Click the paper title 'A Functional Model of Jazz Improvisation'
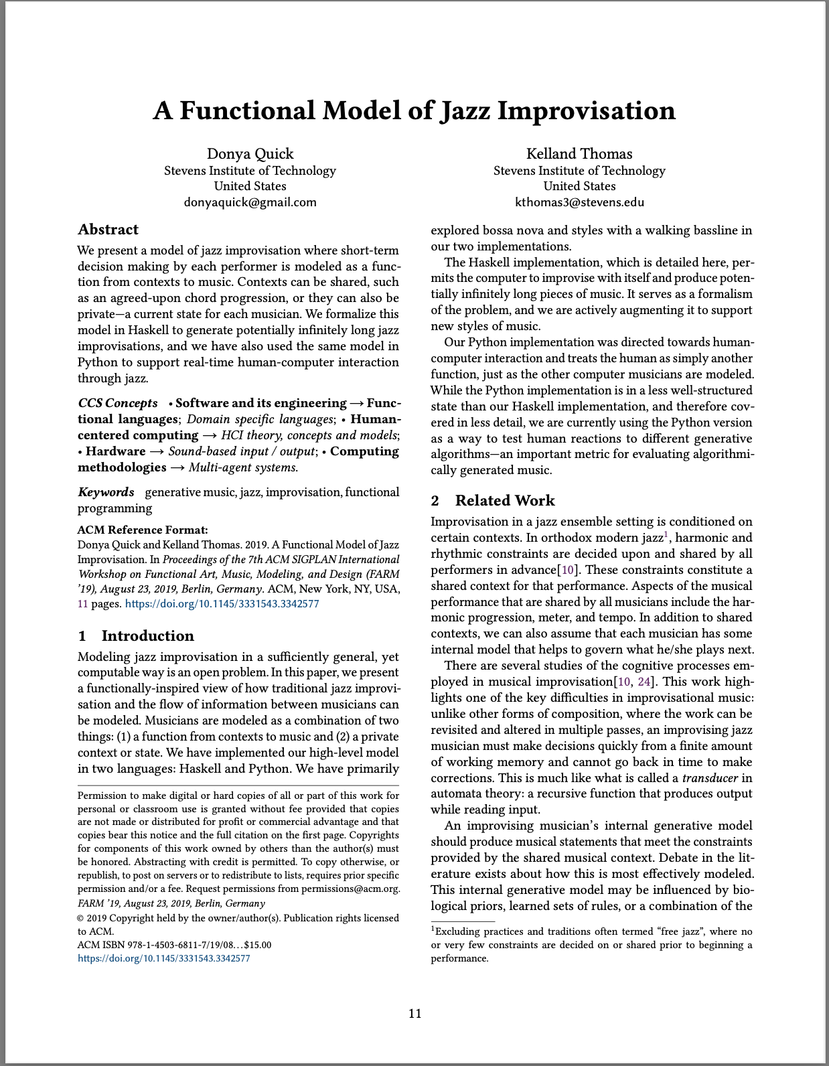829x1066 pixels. click(x=414, y=110)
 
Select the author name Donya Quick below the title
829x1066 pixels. click(x=250, y=154)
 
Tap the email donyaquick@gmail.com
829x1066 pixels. click(x=250, y=202)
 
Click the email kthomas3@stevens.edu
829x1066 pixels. click(x=579, y=202)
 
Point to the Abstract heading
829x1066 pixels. click(x=108, y=230)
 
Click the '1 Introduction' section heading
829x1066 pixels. click(x=136, y=635)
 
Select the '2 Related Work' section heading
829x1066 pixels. click(x=493, y=501)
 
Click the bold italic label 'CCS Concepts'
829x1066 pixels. click(x=118, y=403)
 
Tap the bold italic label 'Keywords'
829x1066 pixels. click(x=106, y=492)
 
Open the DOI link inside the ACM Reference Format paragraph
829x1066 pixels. click(x=222, y=604)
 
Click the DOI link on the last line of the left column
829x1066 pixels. click(x=164, y=958)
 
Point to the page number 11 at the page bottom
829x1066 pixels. click(x=415, y=1014)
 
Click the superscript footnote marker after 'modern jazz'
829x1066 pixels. click(x=666, y=534)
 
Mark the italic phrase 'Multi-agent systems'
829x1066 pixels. click(x=242, y=467)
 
